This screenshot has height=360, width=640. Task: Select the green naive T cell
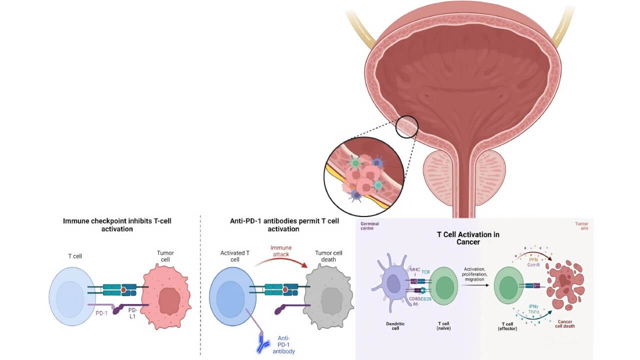click(442, 287)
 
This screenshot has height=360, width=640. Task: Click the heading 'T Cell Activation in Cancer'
click(468, 238)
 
